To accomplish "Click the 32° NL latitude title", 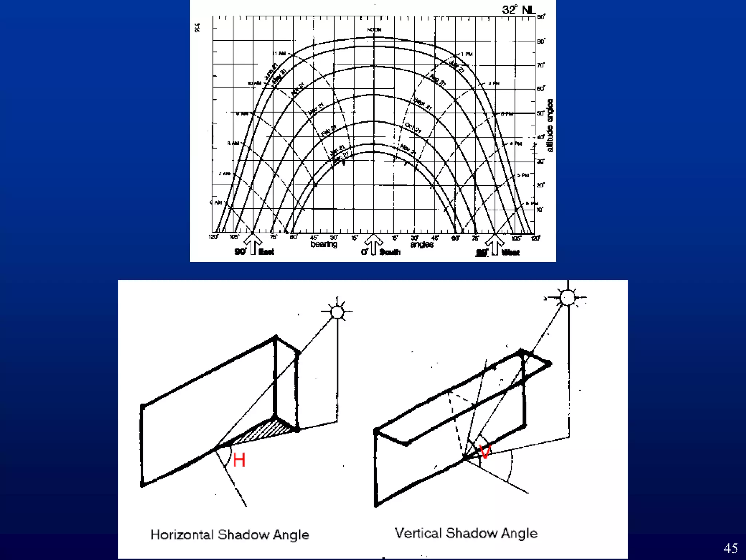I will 519,10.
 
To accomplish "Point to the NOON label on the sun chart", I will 374,30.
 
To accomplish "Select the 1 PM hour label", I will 467,54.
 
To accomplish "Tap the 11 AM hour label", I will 279,54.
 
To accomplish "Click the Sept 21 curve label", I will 423,104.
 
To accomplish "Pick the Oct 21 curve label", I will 413,128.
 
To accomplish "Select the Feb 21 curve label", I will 329,131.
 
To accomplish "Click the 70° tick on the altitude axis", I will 541,65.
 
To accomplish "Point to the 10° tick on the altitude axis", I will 539,210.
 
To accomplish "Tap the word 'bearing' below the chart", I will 323,244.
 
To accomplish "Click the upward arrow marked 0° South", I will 373,244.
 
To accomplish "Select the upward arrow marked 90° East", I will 253,244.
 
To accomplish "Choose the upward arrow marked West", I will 495,244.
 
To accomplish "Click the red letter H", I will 239,460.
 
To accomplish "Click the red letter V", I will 485,452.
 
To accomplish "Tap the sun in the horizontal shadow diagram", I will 337,312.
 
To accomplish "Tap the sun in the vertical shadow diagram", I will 567,297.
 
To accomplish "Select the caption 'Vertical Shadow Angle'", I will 466,533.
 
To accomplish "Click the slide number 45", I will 730,548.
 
